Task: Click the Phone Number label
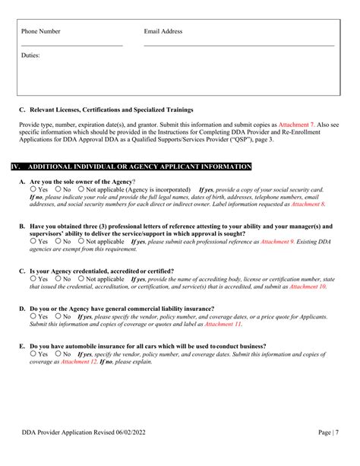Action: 41,31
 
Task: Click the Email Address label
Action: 163,31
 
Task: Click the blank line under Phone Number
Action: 71,46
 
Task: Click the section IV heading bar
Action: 130,166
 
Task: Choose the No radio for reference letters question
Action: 57,241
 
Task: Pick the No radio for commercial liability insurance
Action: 57,316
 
